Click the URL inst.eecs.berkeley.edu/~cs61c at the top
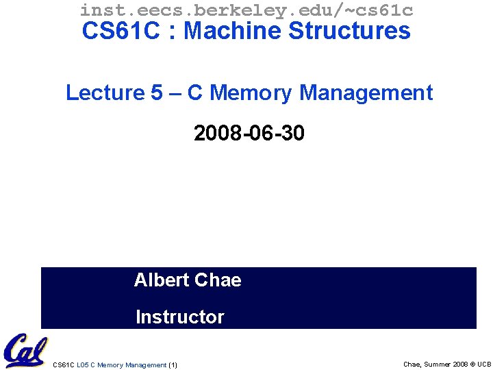246,10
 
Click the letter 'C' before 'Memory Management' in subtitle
194,92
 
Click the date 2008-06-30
249,133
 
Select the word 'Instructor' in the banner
180,317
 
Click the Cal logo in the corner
25,350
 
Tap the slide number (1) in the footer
173,365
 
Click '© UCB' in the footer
479,364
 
